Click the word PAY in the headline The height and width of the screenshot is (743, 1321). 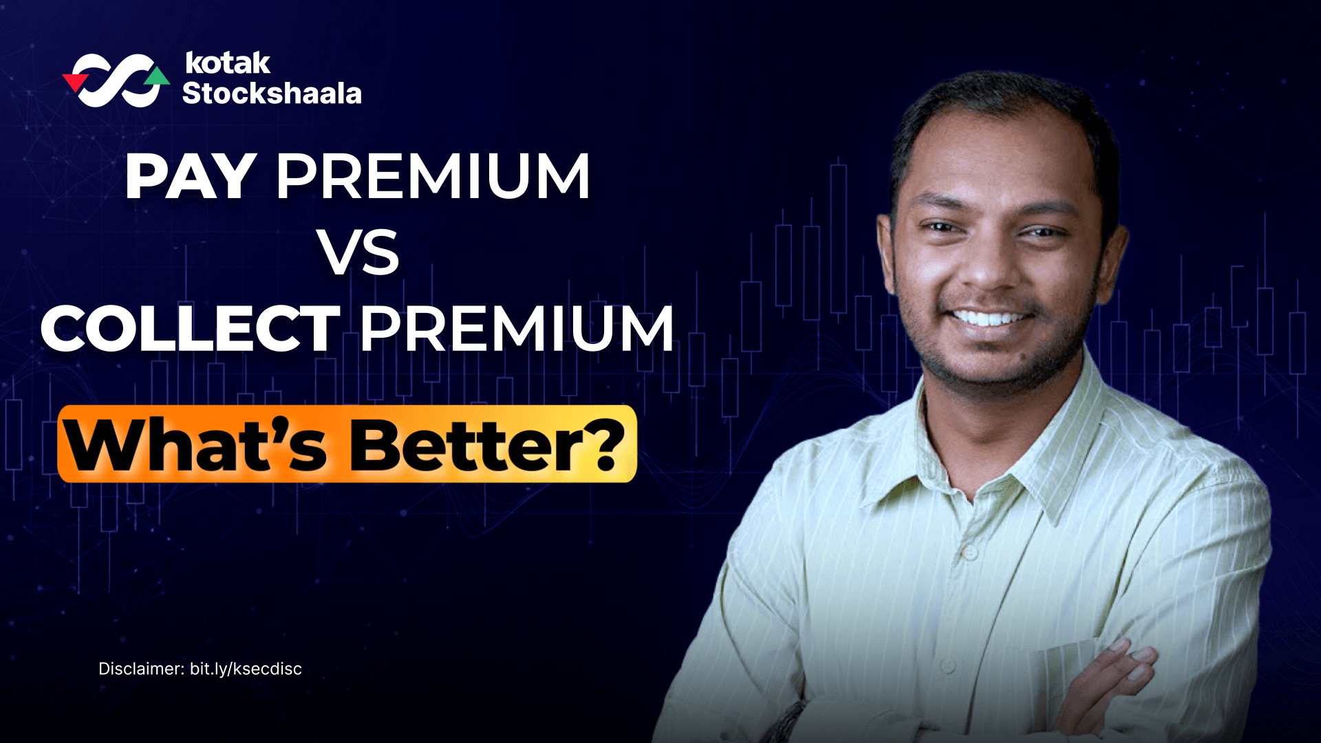[x=191, y=177]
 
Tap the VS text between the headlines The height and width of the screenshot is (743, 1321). [x=358, y=252]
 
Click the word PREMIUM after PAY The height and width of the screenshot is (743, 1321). [x=433, y=177]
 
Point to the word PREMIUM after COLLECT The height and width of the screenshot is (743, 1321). [x=517, y=329]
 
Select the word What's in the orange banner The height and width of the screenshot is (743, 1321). [x=197, y=446]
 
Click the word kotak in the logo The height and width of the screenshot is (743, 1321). [x=228, y=63]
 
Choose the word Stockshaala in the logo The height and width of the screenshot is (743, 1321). [x=272, y=94]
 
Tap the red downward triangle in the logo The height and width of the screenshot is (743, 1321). [x=74, y=82]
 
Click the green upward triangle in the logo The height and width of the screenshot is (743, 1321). [x=158, y=75]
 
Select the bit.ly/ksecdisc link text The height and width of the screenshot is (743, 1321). [x=246, y=669]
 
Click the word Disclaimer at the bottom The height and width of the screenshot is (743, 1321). [x=140, y=669]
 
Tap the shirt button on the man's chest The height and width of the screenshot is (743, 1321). [x=969, y=552]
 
